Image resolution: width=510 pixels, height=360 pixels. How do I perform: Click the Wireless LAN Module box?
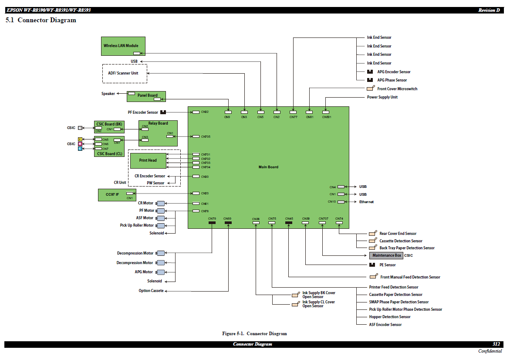tap(123, 46)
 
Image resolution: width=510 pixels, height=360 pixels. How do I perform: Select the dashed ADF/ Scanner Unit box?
tap(125, 73)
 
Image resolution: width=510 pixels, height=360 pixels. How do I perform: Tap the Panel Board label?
tap(148, 95)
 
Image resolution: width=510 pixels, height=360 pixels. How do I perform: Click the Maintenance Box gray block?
tap(386, 255)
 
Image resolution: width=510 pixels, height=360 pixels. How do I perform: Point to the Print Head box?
tap(148, 160)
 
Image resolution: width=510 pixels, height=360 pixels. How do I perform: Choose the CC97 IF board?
tap(115, 194)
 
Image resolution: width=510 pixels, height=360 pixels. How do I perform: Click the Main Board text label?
tap(268, 167)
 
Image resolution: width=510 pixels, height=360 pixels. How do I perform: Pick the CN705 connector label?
tap(206, 136)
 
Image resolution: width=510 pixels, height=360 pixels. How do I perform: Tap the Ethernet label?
tap(366, 202)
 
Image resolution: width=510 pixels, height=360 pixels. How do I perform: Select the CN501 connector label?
tap(327, 117)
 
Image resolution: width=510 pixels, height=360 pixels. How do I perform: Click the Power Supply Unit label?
tap(382, 97)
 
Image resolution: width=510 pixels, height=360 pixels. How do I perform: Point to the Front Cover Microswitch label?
tap(397, 89)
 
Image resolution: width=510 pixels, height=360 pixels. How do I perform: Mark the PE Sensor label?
tap(387, 265)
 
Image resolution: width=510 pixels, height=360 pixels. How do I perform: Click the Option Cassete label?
tap(151, 291)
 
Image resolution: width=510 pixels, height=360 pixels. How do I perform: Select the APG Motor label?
tap(144, 272)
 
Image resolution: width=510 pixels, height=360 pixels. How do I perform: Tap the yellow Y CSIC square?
tap(80, 139)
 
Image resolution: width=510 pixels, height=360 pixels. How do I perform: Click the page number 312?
tap(496, 344)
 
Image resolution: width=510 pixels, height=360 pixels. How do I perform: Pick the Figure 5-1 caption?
tap(254, 334)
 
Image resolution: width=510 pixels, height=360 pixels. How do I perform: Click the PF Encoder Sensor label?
tap(143, 112)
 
